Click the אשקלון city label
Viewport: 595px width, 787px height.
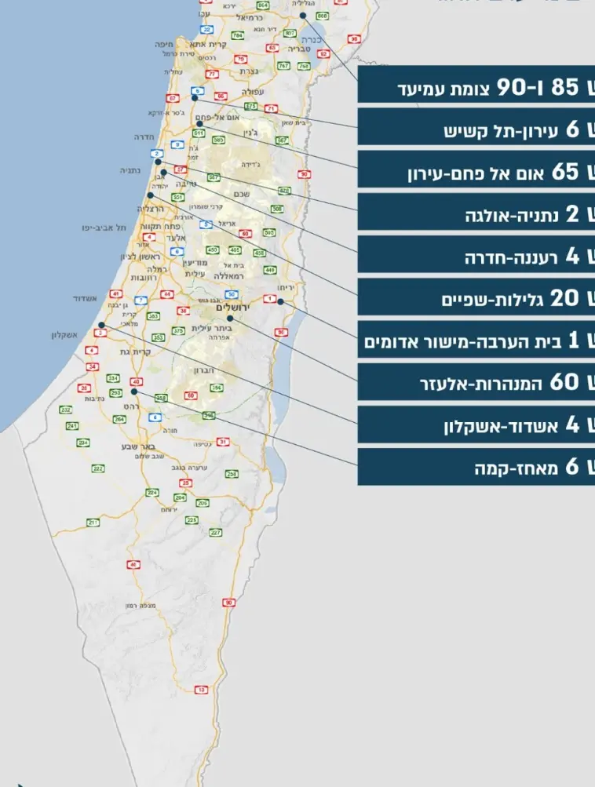coord(68,335)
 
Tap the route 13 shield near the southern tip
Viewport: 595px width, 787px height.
coord(202,690)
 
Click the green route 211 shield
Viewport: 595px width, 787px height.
coord(93,522)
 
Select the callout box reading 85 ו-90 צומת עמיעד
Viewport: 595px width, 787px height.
coord(476,88)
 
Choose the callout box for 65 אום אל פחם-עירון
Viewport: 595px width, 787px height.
coord(476,173)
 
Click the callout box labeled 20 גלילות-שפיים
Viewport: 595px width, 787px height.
coord(476,299)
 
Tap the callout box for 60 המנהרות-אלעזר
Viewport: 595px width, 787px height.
coord(476,383)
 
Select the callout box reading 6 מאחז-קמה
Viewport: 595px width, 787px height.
coord(476,468)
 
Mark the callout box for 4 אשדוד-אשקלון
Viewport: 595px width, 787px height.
coord(476,425)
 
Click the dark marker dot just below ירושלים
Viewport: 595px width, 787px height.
coord(231,319)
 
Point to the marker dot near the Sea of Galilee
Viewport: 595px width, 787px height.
coord(302,15)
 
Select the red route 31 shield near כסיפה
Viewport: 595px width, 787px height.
coord(224,442)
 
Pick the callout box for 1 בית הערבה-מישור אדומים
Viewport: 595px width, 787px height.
coord(476,341)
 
